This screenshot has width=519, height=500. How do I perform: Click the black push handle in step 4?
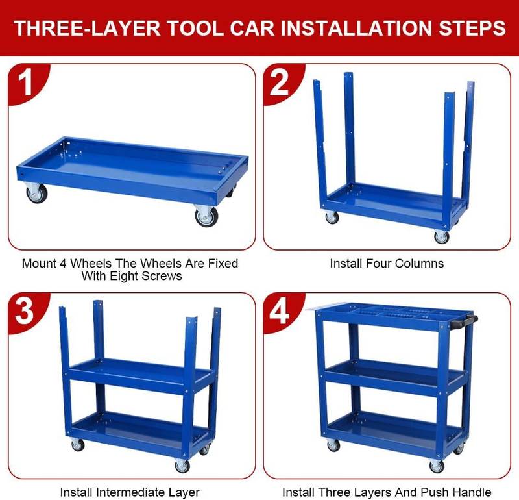(x=466, y=319)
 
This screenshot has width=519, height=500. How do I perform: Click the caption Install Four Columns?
(x=387, y=264)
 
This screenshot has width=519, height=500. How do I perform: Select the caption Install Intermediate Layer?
(x=130, y=492)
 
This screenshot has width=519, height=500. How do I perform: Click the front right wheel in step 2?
(x=442, y=236)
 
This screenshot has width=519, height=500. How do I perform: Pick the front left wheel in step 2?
(x=332, y=217)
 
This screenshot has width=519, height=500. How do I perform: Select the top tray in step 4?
(x=389, y=315)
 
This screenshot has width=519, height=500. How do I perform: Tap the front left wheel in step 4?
(x=333, y=445)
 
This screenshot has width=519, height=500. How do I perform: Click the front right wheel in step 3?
(x=182, y=466)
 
